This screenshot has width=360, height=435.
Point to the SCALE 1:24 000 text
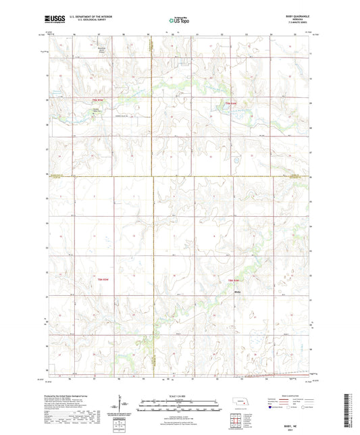coord(180,396)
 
